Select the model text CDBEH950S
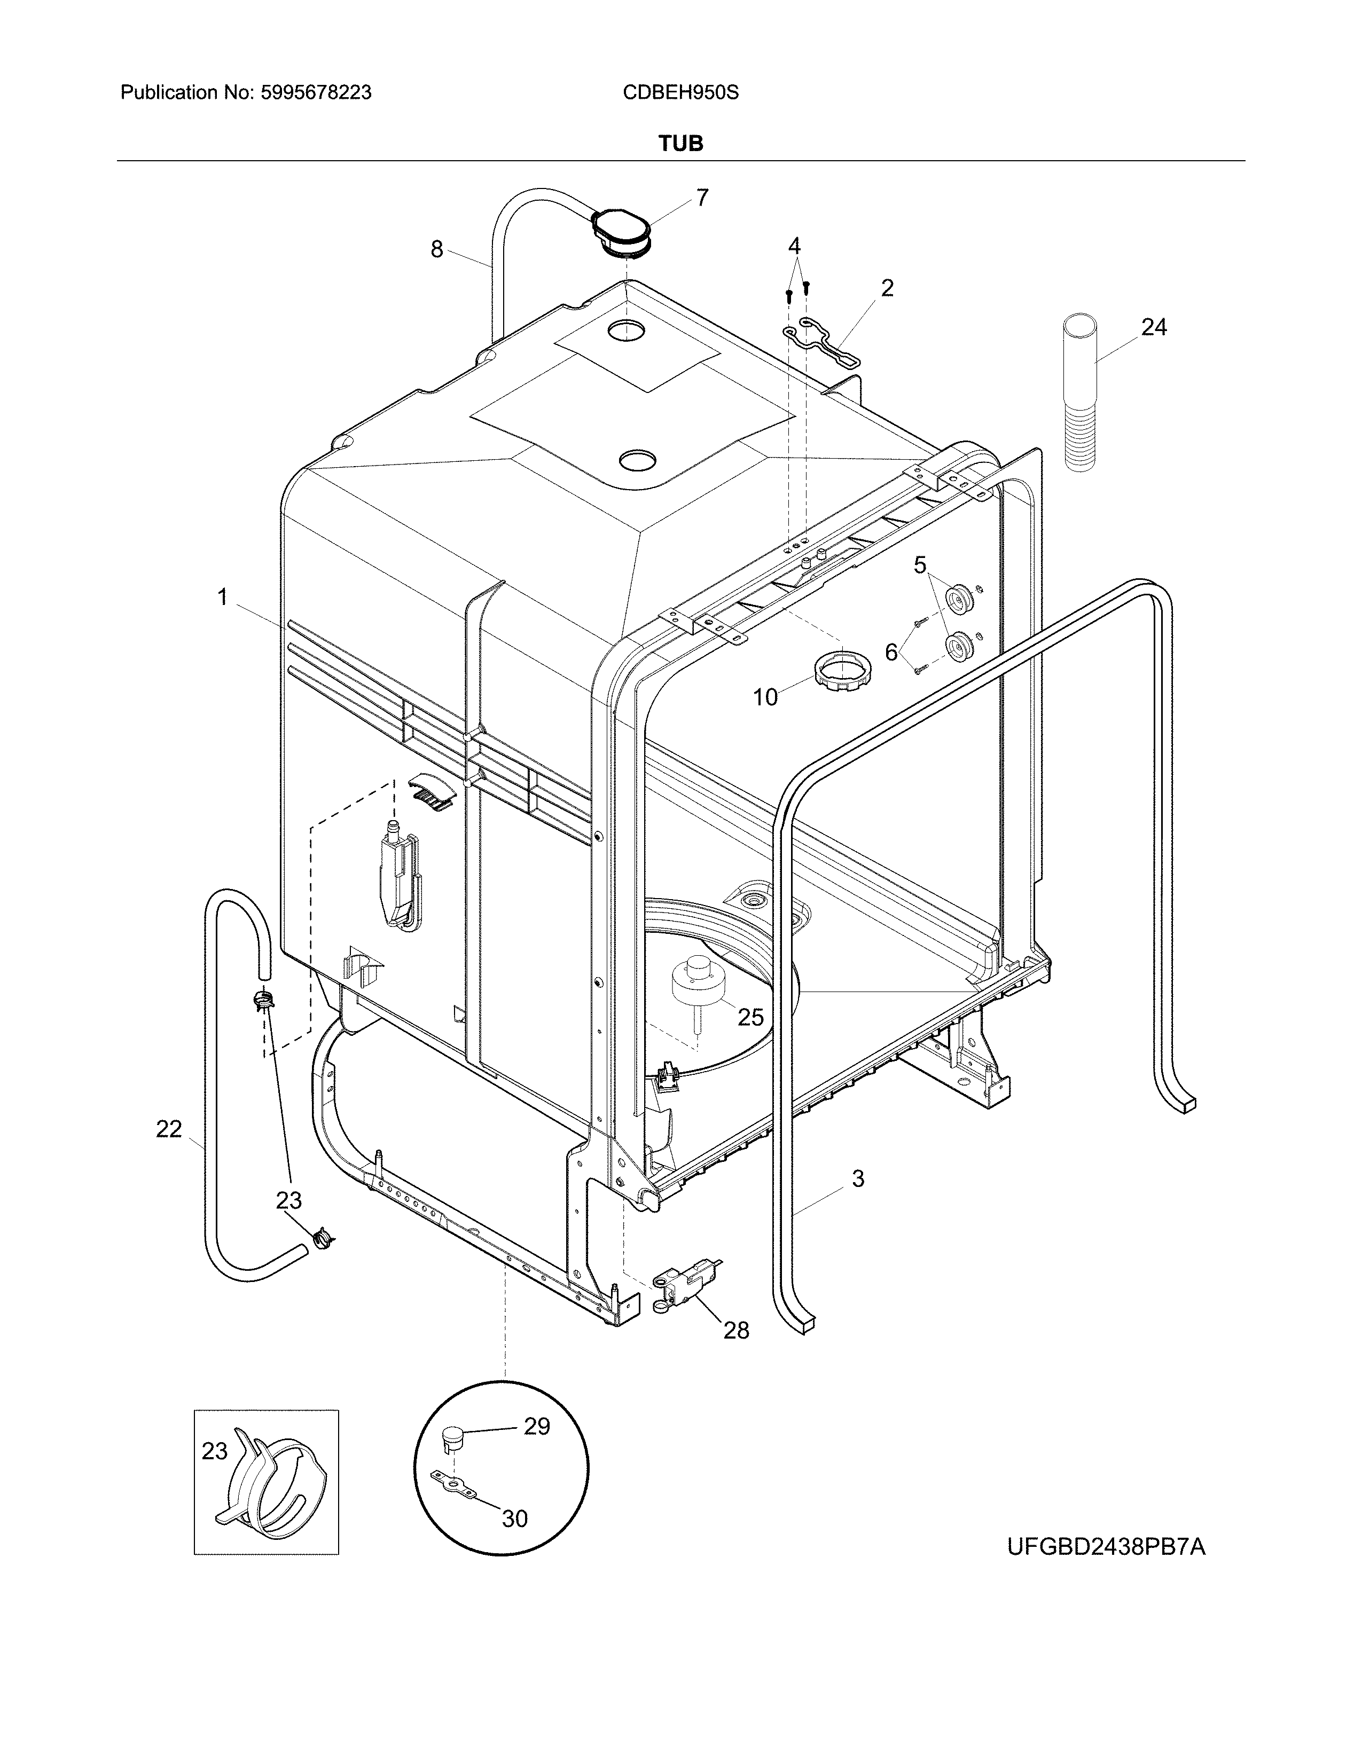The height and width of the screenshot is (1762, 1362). point(680,93)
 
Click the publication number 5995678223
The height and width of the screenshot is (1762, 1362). point(316,93)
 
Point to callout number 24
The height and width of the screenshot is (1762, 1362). point(1154,327)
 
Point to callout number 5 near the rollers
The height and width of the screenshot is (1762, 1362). point(920,565)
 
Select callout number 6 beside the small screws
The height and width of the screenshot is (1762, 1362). point(891,652)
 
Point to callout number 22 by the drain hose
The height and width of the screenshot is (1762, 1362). point(169,1129)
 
